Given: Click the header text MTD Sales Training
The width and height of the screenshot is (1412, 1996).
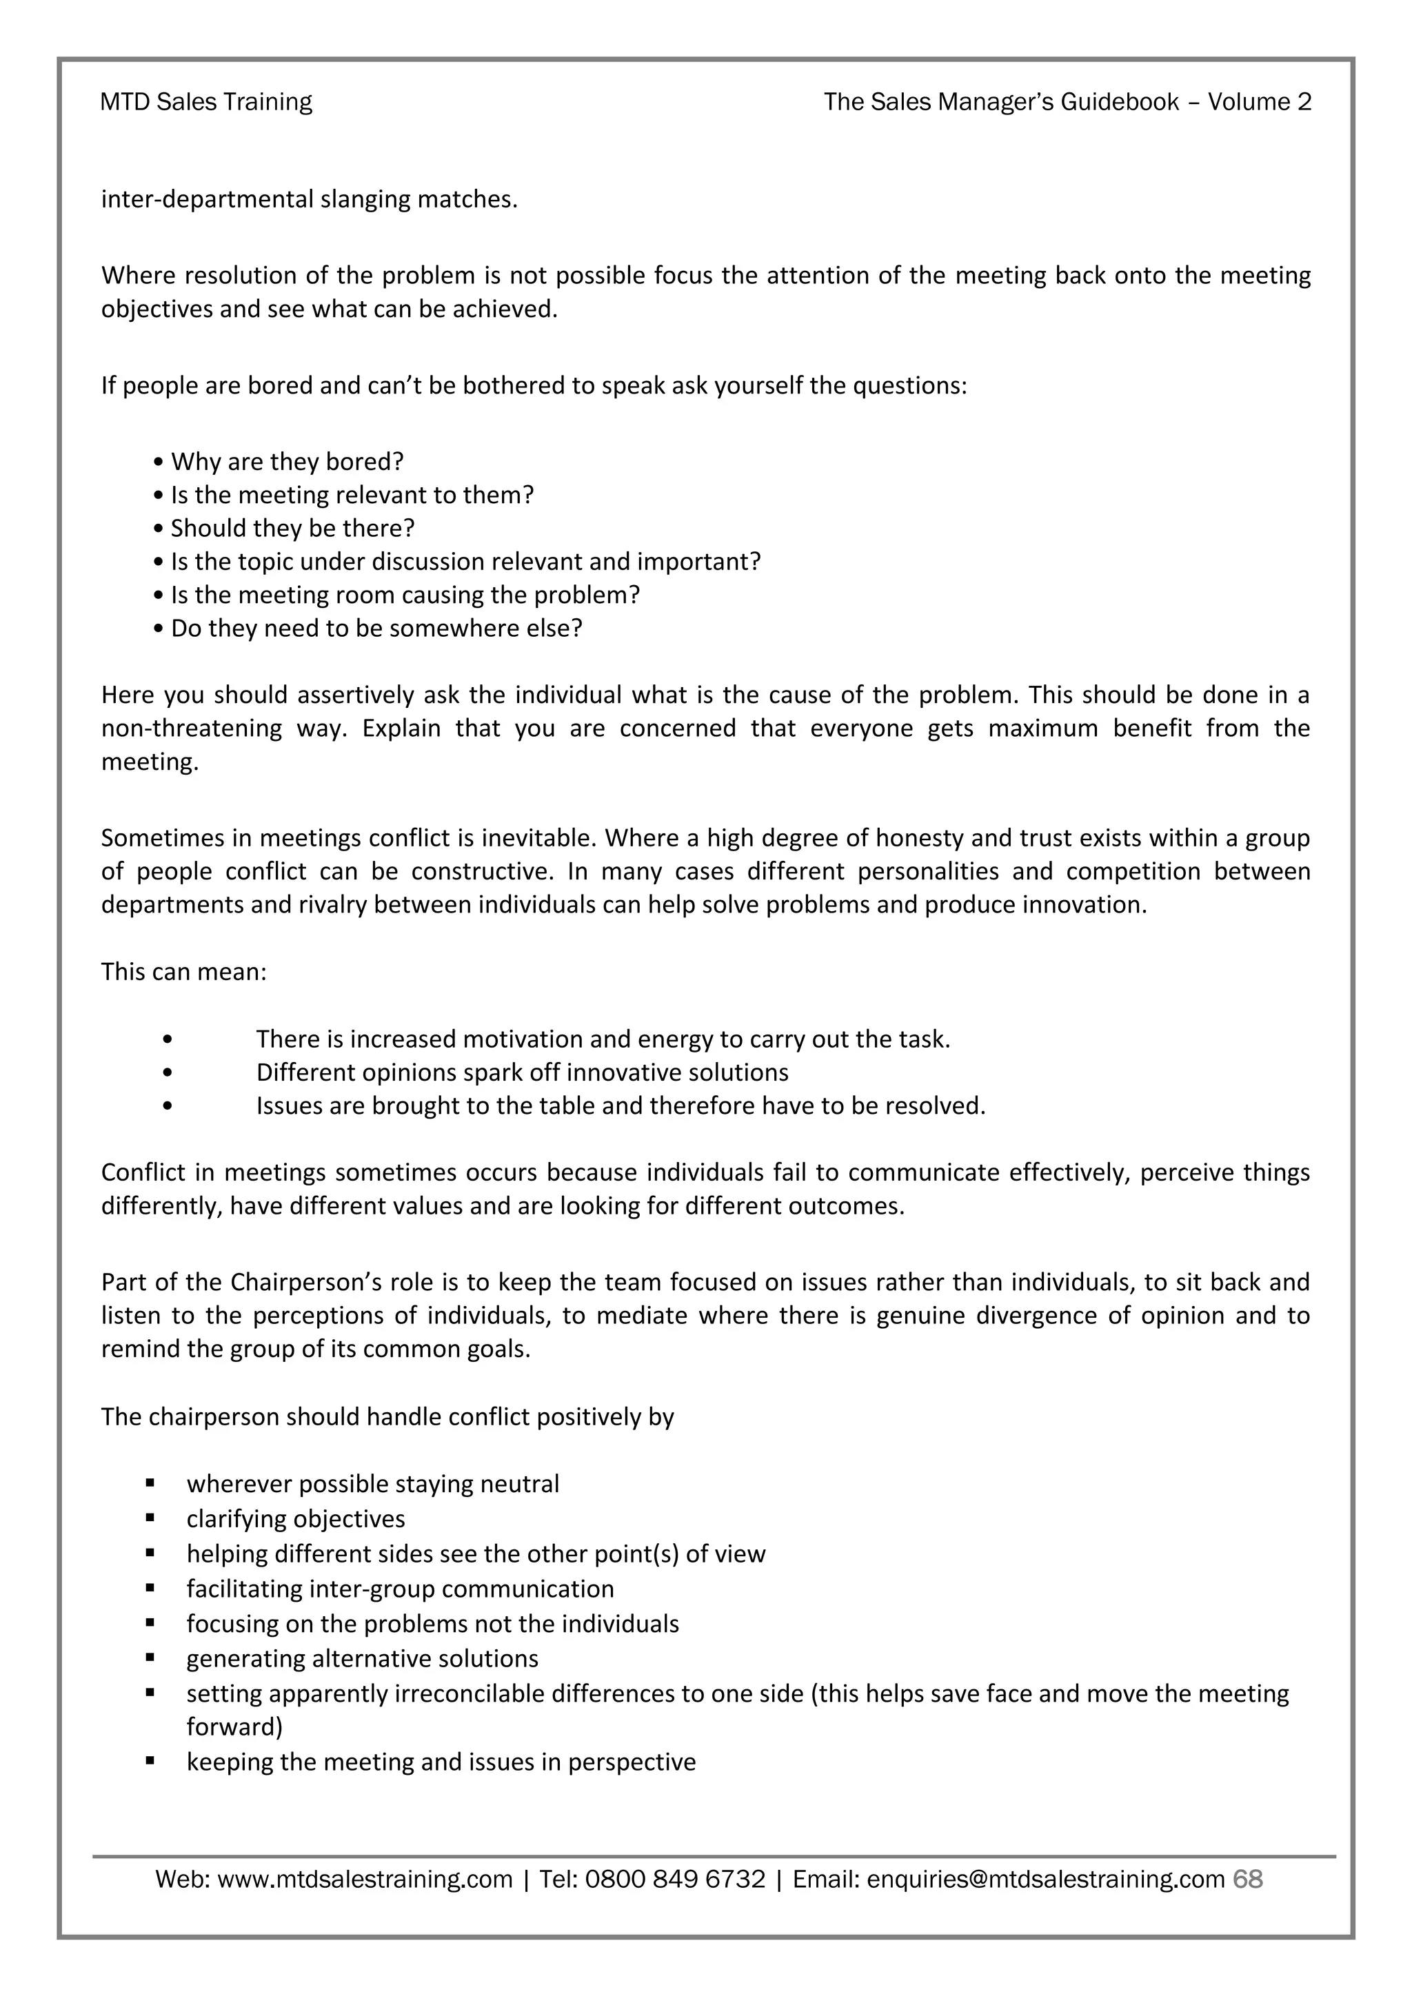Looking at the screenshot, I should coord(206,102).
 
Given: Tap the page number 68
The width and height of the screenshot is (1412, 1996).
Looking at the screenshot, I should coord(1248,1879).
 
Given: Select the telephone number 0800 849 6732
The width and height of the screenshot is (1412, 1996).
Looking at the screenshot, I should coord(675,1879).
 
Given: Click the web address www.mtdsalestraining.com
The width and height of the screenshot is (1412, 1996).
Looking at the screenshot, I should coord(364,1879).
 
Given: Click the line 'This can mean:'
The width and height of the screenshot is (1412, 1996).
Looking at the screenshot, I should coord(183,971).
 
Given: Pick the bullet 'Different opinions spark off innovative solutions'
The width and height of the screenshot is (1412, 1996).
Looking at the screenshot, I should coord(522,1072).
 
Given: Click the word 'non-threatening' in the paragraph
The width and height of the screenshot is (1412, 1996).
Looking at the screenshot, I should coord(191,728).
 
